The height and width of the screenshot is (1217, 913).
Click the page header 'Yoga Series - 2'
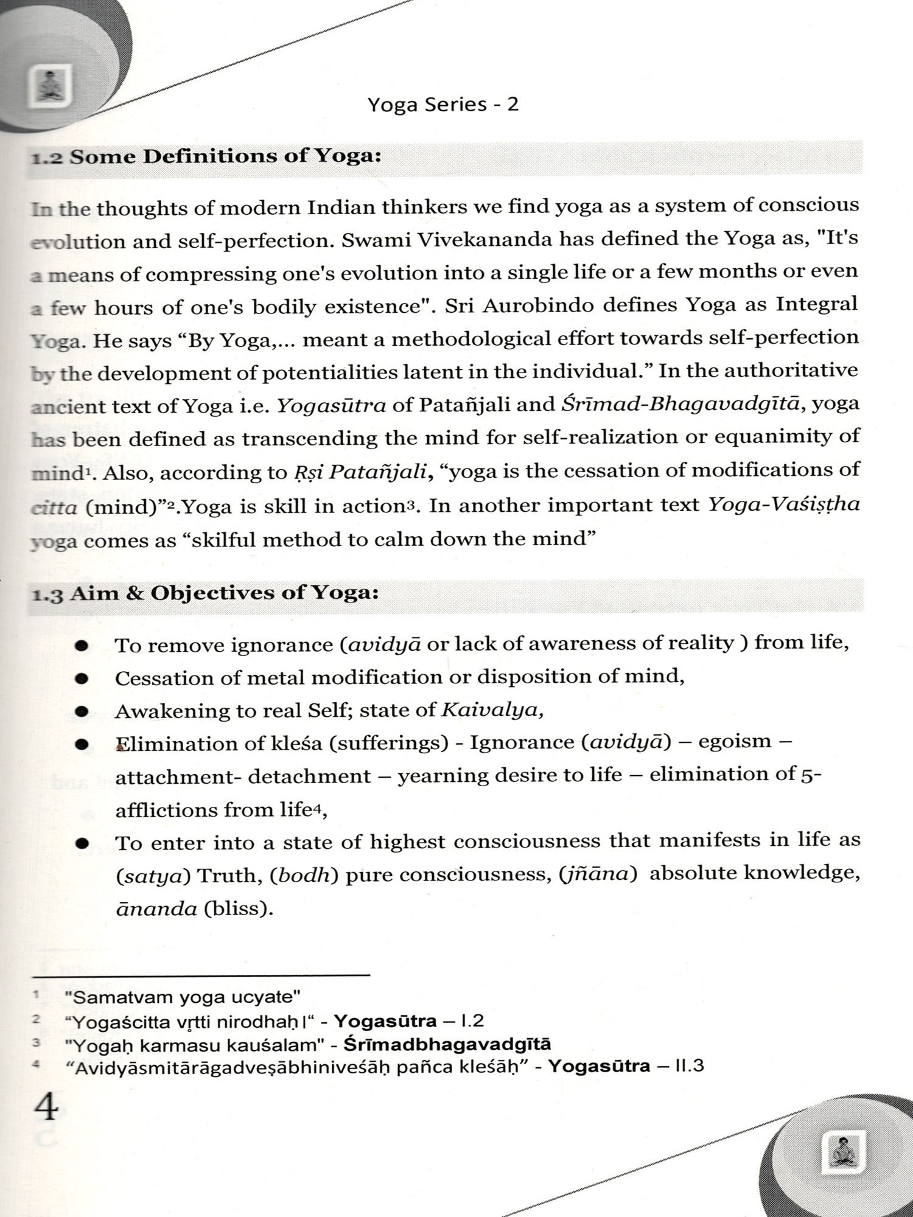(443, 105)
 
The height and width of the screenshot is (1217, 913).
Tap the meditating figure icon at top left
(50, 86)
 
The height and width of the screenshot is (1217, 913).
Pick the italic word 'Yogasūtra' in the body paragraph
(331, 405)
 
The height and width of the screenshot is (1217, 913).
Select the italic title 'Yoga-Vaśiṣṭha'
(784, 504)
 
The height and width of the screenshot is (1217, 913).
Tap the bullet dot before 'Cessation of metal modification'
(82, 678)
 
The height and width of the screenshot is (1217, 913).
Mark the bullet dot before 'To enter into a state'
(82, 844)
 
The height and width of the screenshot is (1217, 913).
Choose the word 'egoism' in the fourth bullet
(735, 742)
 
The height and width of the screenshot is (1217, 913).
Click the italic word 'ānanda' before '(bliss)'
(156, 909)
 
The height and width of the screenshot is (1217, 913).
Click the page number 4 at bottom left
(46, 1108)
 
